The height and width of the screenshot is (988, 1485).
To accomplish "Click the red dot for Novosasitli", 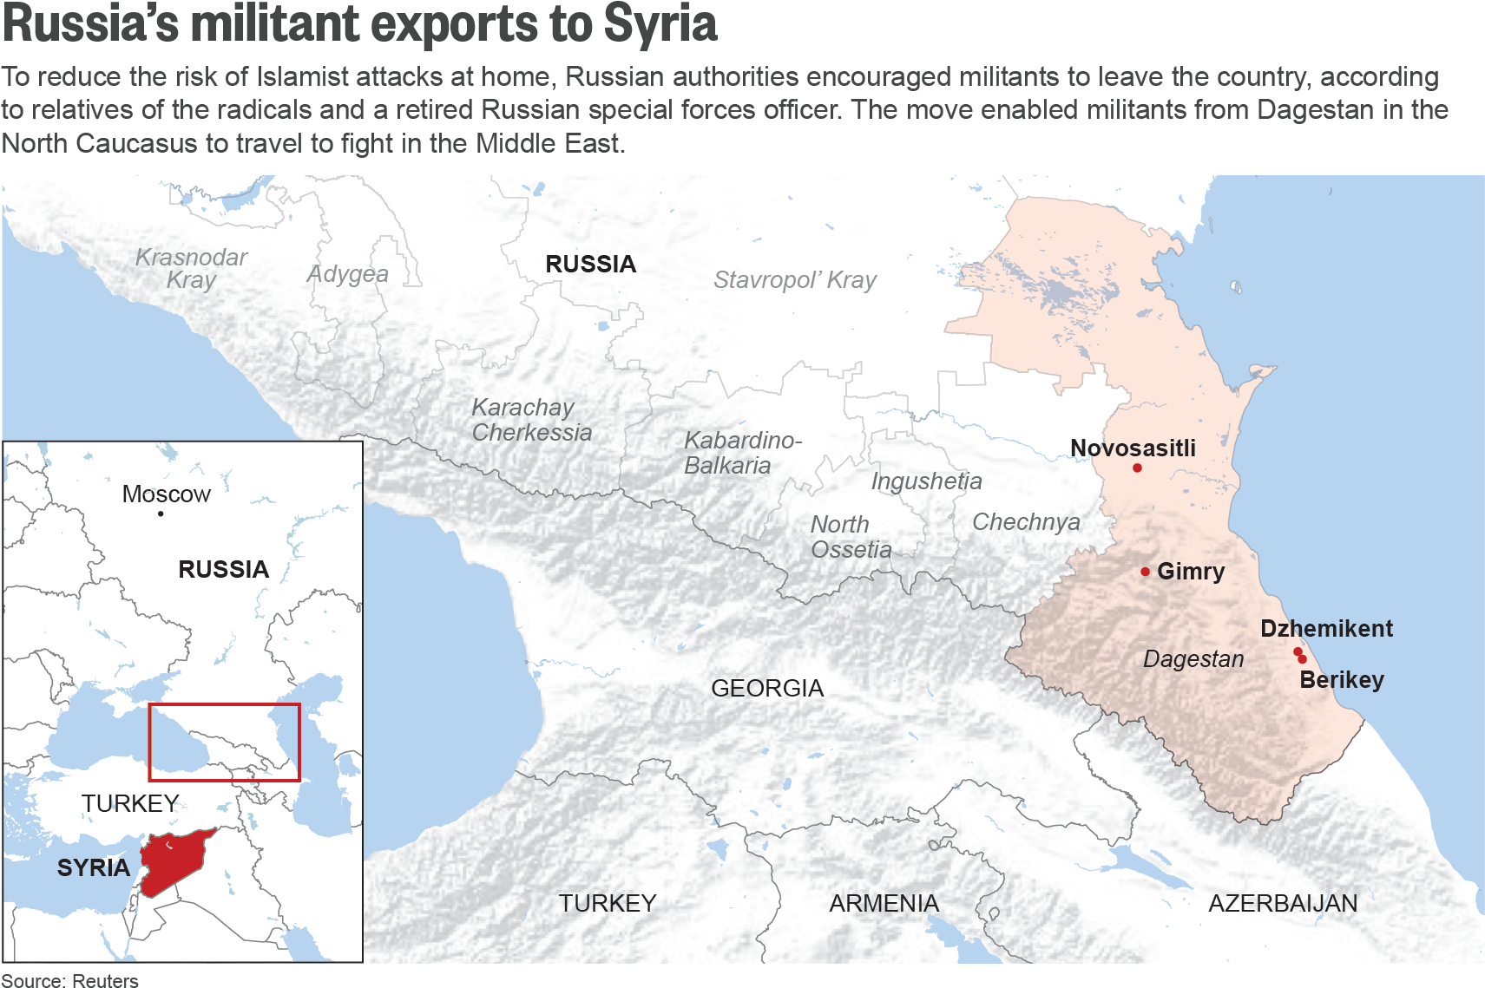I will [1137, 468].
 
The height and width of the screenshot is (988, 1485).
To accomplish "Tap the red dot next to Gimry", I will [1146, 572].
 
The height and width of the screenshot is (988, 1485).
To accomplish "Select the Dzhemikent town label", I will [1326, 629].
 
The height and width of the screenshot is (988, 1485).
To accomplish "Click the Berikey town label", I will [1341, 680].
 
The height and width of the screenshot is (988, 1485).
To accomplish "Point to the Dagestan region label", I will [1193, 659].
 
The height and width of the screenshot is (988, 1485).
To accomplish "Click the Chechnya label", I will [1026, 522].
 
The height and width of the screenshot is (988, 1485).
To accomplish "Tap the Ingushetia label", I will [926, 481].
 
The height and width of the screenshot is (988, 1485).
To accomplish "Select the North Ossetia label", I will [850, 537].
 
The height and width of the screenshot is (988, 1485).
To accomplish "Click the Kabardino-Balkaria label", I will [742, 453].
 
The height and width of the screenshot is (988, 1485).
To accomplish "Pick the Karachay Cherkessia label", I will [531, 420].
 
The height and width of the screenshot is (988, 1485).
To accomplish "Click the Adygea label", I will [348, 274].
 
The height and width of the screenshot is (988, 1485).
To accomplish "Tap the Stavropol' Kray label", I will [794, 280].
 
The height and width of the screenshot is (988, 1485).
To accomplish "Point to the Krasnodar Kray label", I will [191, 268].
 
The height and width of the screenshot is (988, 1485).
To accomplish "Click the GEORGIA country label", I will [766, 689].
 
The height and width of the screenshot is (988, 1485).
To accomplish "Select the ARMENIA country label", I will [884, 904].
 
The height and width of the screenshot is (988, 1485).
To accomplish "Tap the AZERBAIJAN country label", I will [1283, 904].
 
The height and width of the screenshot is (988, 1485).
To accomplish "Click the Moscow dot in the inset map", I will [161, 514].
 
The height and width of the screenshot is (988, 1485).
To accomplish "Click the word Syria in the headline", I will [660, 23].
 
